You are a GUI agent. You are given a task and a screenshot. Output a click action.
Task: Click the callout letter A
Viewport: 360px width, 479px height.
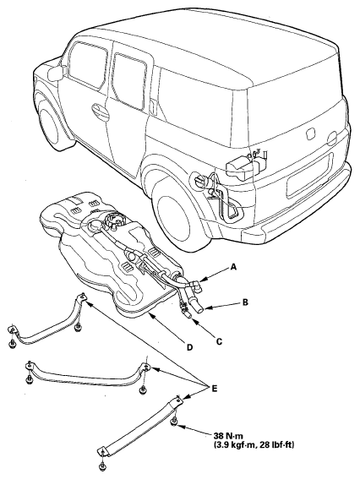tap(233, 267)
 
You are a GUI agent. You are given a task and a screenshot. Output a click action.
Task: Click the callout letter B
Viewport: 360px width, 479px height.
tap(245, 302)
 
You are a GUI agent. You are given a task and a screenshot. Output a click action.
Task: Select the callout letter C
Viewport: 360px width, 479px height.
tap(219, 341)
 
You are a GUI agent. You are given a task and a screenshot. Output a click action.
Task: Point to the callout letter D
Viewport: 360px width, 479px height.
tap(190, 347)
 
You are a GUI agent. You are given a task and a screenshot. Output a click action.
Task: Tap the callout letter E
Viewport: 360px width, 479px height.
tap(215, 389)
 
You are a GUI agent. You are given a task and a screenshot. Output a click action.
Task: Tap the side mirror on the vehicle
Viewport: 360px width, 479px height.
tap(56, 73)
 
